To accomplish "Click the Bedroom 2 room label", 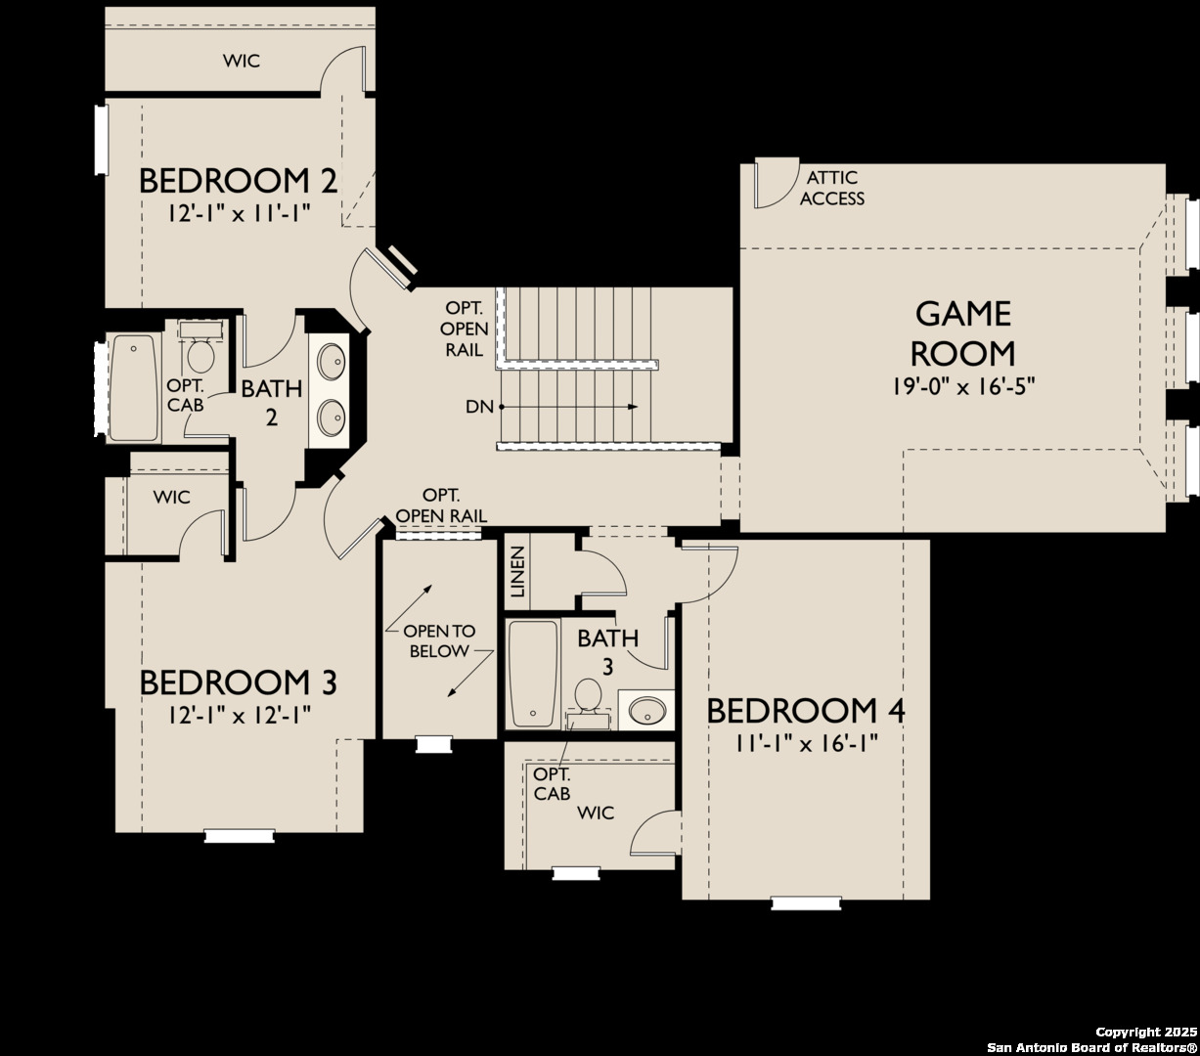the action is (238, 181).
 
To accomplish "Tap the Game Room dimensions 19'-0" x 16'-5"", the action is (963, 387).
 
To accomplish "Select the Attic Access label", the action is (832, 188).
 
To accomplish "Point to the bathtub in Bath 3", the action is (533, 674).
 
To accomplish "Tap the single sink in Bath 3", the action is (646, 710).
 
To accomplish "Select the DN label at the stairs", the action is (479, 407).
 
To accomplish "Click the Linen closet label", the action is (517, 572).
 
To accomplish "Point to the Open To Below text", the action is (439, 640).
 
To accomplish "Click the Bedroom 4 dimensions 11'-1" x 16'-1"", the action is (806, 743).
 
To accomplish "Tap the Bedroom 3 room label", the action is (238, 682).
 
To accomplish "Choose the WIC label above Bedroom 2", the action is (241, 61).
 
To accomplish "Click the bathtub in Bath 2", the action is (134, 387).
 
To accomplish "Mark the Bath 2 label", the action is (272, 403).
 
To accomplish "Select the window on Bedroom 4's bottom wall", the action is (806, 903).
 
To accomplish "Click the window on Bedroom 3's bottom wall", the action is (240, 836).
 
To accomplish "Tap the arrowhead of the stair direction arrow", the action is (633, 407).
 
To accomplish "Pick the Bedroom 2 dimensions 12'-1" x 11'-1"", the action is (240, 212).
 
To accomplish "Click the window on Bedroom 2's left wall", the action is (102, 140).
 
